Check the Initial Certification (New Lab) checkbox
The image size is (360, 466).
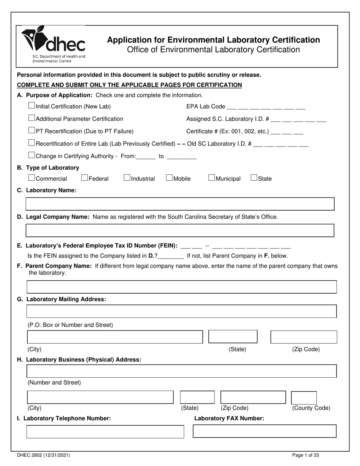[32, 106]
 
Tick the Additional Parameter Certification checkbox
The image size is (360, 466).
[32, 118]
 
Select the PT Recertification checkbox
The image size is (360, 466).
[32, 131]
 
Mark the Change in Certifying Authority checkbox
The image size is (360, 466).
[32, 155]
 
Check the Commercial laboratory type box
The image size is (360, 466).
[32, 178]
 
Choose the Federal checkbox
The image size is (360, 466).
[85, 178]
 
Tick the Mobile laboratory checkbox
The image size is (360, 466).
[169, 178]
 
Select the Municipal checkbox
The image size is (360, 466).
[212, 178]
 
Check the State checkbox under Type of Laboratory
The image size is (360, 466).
[254, 178]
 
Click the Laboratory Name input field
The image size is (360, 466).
[180, 204]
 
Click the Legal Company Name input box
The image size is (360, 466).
[180, 230]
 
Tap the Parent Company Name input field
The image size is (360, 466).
[182, 287]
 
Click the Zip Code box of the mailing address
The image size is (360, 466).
[304, 337]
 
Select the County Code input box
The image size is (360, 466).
[304, 397]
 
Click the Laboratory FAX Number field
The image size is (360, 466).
[265, 431]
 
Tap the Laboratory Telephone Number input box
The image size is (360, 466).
[105, 432]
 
